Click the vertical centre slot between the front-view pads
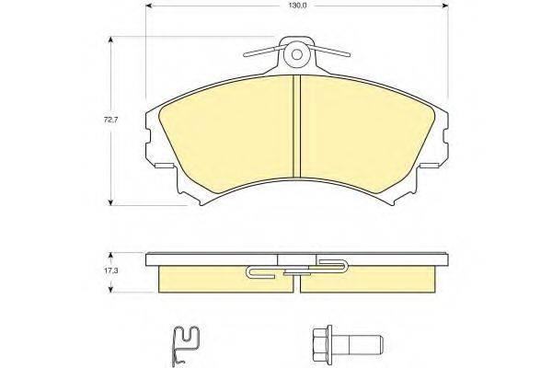(x=296, y=129)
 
